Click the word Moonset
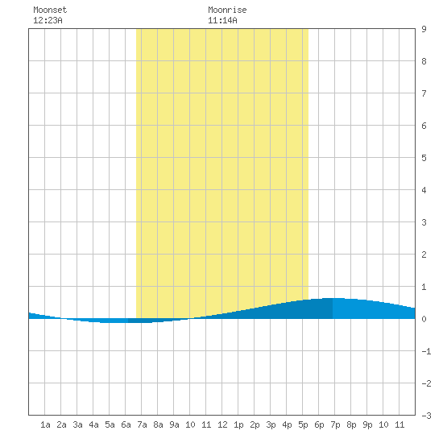[x=50, y=10]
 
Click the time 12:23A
[x=48, y=20]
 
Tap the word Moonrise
[x=227, y=10]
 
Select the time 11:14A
[x=222, y=20]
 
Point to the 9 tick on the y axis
[x=424, y=29]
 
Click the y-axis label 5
[x=424, y=158]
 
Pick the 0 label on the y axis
[x=424, y=319]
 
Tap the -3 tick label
[x=426, y=416]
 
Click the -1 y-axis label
[x=426, y=351]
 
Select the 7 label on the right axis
[x=424, y=93]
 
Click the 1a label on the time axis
[x=45, y=424]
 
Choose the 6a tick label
[x=126, y=424]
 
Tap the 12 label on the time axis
[x=222, y=424]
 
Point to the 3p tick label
[x=271, y=424]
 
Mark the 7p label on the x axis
[x=335, y=424]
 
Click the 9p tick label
[x=367, y=424]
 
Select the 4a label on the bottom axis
[x=93, y=424]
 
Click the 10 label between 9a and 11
[x=190, y=424]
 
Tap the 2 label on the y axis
[x=424, y=255]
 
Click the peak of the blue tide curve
[x=333, y=298]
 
